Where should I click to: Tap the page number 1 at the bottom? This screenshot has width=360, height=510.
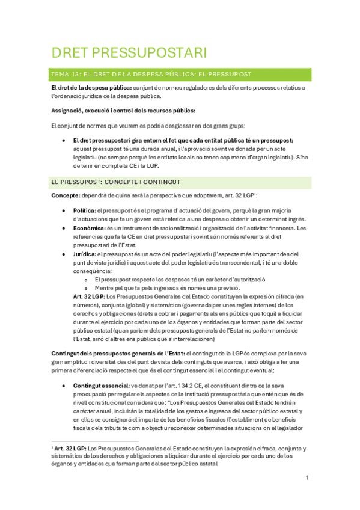[x=307, y=478]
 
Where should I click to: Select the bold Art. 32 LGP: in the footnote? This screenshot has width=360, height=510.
[x=70, y=449]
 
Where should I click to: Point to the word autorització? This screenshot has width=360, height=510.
[x=248, y=280]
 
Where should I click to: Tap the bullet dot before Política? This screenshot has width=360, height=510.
[x=64, y=210]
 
